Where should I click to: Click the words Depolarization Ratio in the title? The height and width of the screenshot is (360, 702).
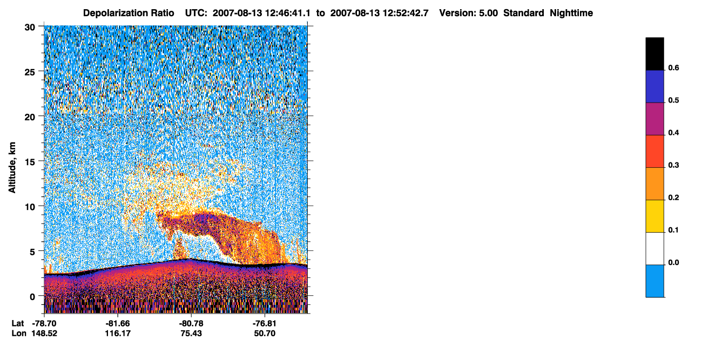tap(129, 13)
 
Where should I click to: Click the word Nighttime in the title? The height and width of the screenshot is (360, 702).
tap(571, 13)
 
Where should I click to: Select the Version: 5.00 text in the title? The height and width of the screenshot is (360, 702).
tap(469, 13)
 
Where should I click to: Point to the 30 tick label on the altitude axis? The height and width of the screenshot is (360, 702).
tap(30, 28)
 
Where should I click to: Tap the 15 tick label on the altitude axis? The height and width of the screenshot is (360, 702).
tap(30, 162)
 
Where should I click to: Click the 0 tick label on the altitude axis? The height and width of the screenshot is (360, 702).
tap(32, 296)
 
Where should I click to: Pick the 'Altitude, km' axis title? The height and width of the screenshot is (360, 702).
tap(12, 167)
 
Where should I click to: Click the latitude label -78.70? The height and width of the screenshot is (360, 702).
tap(44, 323)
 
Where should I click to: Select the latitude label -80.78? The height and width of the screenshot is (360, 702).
tap(191, 323)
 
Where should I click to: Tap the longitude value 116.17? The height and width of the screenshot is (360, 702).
tap(118, 333)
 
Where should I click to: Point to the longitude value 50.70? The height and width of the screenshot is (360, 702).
tap(265, 333)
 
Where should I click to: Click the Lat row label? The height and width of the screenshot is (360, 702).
tap(18, 323)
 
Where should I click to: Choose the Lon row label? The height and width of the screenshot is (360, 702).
tap(19, 333)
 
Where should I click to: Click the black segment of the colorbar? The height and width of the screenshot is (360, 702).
tap(654, 54)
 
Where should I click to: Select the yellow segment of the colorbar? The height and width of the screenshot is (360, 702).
tap(654, 216)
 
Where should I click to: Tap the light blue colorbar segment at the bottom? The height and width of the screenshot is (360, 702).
tap(654, 281)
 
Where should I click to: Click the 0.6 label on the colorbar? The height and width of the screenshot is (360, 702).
tap(673, 67)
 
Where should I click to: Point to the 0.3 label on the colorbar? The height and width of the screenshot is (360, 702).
tap(673, 165)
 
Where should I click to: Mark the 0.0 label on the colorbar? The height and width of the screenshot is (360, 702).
tap(673, 262)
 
